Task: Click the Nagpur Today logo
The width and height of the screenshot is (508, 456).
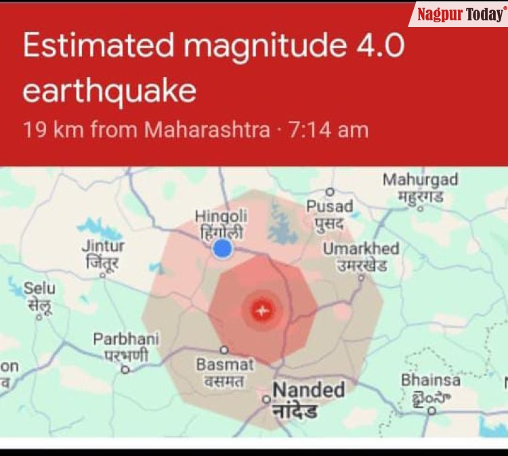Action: [460, 14]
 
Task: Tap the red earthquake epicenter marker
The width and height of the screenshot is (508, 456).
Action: [261, 311]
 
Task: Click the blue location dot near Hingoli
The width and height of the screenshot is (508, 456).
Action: [222, 250]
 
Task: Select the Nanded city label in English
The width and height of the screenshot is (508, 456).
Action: [308, 390]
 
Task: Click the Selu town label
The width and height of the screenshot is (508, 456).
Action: [40, 288]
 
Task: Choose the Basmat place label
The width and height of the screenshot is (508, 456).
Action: [224, 365]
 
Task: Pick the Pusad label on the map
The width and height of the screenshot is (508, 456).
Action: [329, 206]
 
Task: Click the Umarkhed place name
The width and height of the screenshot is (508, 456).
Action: [360, 249]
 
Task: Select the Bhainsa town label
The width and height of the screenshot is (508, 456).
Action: [430, 380]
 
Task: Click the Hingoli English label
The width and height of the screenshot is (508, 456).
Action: [221, 216]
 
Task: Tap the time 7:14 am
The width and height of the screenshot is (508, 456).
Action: [329, 129]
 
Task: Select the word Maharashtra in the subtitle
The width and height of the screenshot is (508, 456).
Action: [207, 129]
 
